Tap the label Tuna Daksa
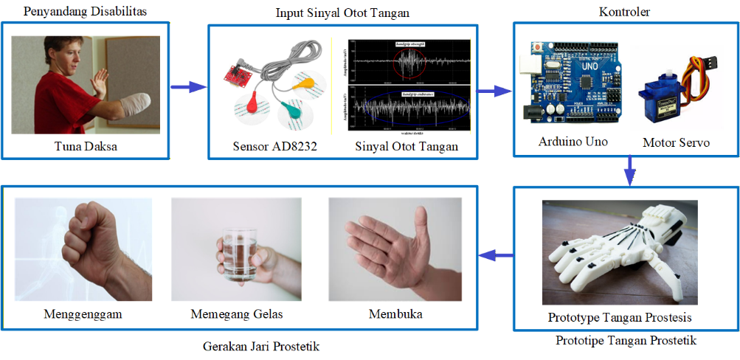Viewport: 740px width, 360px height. (86, 146)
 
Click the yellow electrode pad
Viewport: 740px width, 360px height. (303, 83)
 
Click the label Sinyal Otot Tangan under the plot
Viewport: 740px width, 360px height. (407, 146)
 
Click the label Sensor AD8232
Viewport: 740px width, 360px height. (274, 146)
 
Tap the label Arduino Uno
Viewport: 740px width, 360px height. (573, 141)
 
